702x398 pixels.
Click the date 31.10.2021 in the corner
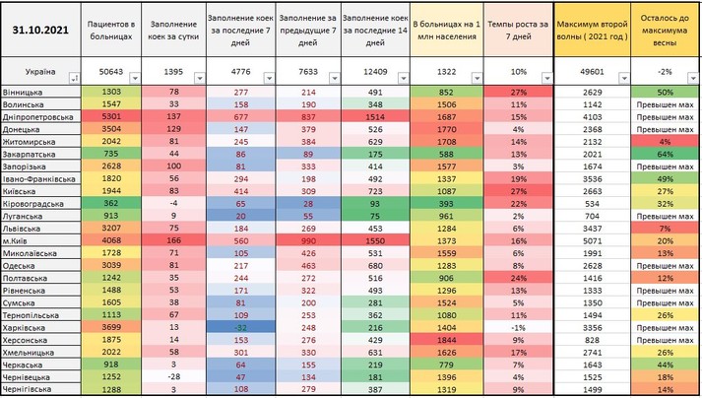pos(40,30)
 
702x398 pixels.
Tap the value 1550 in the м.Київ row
pos(376,239)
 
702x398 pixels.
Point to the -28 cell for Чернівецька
pos(173,376)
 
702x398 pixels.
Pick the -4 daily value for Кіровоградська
pos(173,203)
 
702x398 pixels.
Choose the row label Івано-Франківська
pos(39,180)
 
